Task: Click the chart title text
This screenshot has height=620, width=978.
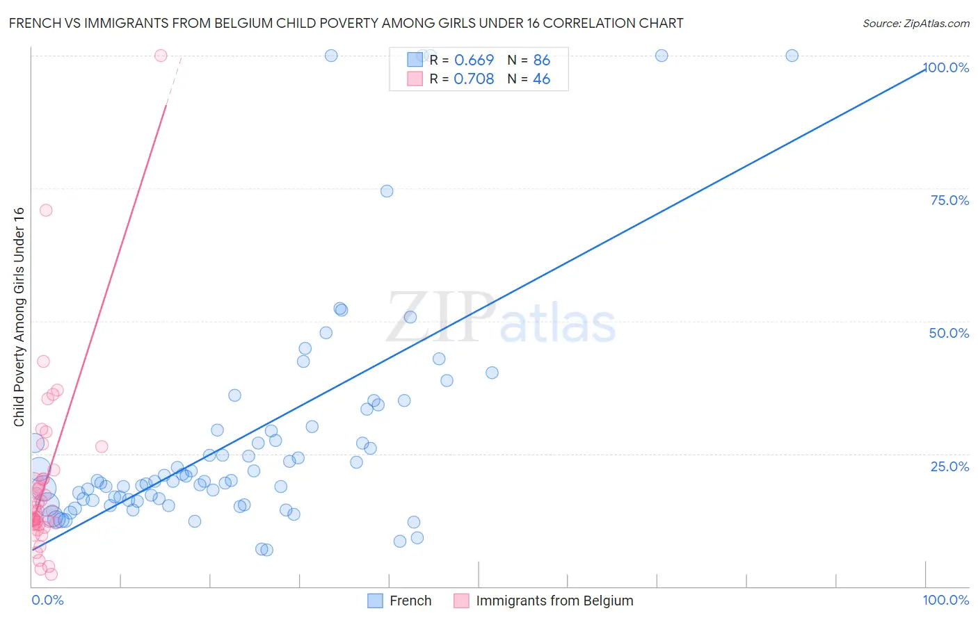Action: [x=346, y=23]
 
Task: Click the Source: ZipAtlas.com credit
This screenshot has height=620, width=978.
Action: [x=915, y=23]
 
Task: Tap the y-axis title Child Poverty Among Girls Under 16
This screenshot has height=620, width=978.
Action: [x=19, y=316]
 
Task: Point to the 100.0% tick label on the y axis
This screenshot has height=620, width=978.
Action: [x=946, y=67]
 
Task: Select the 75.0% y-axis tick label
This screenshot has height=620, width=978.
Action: [x=949, y=200]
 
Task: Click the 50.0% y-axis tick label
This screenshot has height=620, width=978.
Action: [x=949, y=333]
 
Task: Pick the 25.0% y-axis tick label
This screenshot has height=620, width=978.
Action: [x=949, y=466]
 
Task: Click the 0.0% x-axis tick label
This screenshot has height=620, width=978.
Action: [x=47, y=600]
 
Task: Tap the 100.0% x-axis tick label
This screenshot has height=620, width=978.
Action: [x=945, y=600]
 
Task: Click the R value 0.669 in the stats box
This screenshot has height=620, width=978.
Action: [x=474, y=60]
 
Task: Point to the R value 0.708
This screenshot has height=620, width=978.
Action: [x=474, y=79]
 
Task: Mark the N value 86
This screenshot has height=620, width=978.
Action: [x=541, y=60]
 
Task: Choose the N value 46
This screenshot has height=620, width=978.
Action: [x=541, y=79]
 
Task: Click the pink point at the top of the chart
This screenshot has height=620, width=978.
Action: [x=161, y=56]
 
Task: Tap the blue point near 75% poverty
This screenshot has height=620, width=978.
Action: [x=387, y=191]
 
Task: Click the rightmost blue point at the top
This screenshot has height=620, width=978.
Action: [x=792, y=56]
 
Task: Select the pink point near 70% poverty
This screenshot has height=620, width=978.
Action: [x=46, y=210]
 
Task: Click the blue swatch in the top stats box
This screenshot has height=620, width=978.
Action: [x=415, y=60]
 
